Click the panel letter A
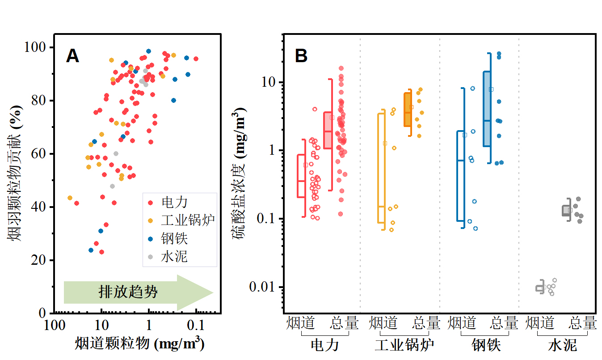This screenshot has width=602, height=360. pyautogui.click(x=72, y=56)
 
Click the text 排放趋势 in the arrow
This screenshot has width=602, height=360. pyautogui.click(x=128, y=292)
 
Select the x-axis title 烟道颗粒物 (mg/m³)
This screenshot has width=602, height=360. pyautogui.click(x=140, y=343)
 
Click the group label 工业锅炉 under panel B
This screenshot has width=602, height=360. pyautogui.click(x=404, y=345)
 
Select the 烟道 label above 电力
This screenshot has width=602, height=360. pyautogui.click(x=300, y=322)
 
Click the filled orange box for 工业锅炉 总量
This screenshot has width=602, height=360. pyautogui.click(x=408, y=110)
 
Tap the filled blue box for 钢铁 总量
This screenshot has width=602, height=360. pyautogui.click(x=487, y=109)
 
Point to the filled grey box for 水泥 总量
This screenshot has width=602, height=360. pyautogui.click(x=566, y=211)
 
